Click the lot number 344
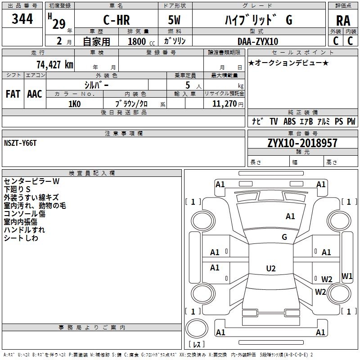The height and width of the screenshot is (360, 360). click(x=22, y=18)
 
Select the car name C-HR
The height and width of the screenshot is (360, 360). click(x=117, y=20)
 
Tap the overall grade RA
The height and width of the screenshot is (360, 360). click(x=343, y=21)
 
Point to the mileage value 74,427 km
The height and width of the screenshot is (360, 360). click(x=55, y=64)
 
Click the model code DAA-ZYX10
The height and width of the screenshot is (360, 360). click(x=258, y=41)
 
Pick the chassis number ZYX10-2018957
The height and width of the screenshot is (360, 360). click(x=302, y=143)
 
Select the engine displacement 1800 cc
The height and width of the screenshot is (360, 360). click(x=141, y=41)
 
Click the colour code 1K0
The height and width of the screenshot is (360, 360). click(x=74, y=104)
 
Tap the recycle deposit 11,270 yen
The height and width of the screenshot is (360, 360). click(x=228, y=104)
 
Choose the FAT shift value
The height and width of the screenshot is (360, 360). click(x=13, y=94)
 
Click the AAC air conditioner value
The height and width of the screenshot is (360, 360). click(x=35, y=94)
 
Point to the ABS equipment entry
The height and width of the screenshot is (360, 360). click(x=289, y=121)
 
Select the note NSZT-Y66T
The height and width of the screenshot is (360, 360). click(x=20, y=143)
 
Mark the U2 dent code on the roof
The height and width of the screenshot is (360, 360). click(x=271, y=268)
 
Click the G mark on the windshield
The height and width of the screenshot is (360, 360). click(x=284, y=237)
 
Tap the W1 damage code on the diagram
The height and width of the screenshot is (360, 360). click(x=347, y=276)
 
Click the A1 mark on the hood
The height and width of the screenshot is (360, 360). click(x=290, y=216)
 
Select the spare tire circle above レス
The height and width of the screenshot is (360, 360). click(x=197, y=328)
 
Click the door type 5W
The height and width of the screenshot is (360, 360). click(x=174, y=20)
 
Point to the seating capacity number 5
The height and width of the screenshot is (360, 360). click(x=188, y=85)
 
